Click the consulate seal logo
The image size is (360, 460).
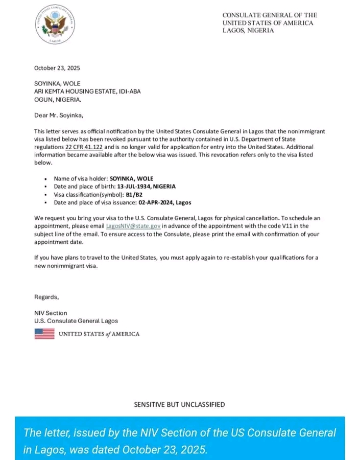pyautogui.click(x=55, y=25)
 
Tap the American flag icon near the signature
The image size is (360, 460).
pyautogui.click(x=44, y=334)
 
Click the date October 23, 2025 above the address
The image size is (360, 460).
pyautogui.click(x=57, y=68)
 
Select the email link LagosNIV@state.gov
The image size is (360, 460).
pyautogui.click(x=133, y=225)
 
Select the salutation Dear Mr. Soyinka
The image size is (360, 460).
pyautogui.click(x=58, y=115)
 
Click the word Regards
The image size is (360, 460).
pyautogui.click(x=46, y=297)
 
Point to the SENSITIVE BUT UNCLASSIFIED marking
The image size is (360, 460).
pyautogui.click(x=179, y=404)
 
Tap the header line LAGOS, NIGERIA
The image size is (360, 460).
pyautogui.click(x=248, y=31)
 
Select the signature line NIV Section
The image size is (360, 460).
pyautogui.click(x=51, y=313)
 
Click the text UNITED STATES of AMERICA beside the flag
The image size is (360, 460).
pyautogui.click(x=99, y=334)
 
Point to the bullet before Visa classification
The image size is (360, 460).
pyautogui.click(x=46, y=195)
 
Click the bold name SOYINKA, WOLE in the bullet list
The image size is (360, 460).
pyautogui.click(x=132, y=179)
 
